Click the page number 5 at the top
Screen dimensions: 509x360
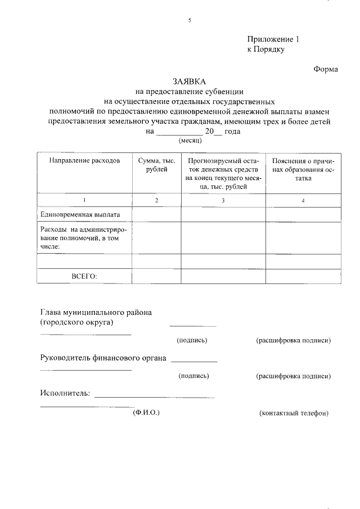[x=190, y=21]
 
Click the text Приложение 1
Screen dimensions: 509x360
[x=274, y=39]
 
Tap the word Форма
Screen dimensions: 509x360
[x=326, y=70]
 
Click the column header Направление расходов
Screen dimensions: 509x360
[x=84, y=160]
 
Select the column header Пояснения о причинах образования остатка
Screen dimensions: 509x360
[x=303, y=169]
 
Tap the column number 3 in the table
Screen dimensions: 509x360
[x=223, y=201]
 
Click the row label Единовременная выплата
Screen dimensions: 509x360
[x=79, y=214]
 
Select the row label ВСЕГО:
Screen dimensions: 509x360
[x=84, y=276]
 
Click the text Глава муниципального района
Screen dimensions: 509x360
[x=96, y=312]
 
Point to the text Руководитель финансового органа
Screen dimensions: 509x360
[x=103, y=358]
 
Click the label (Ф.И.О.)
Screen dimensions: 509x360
[x=146, y=413]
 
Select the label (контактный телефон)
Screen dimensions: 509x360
[x=294, y=413]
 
